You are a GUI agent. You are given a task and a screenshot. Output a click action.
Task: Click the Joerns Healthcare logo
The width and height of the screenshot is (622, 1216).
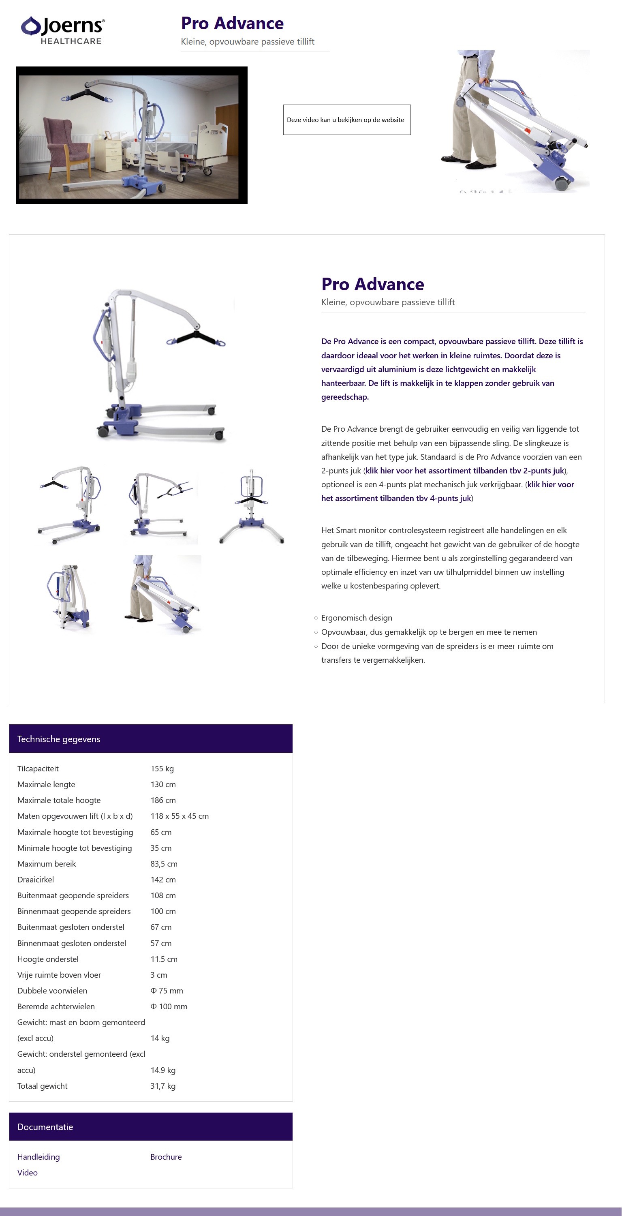coord(63,30)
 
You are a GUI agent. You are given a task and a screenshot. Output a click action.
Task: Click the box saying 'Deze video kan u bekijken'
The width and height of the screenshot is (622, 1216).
coord(346,120)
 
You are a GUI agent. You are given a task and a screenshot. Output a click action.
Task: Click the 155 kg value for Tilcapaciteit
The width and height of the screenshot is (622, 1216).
coord(162,769)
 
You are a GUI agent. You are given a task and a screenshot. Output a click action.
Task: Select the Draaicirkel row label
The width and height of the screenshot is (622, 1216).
coord(35,880)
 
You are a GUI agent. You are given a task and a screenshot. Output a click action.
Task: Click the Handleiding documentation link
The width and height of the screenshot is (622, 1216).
coord(38,1156)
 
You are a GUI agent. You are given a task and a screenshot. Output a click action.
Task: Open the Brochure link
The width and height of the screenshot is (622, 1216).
coord(166,1156)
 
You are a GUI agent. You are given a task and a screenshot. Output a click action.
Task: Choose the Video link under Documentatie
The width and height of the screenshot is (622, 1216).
coord(28,1173)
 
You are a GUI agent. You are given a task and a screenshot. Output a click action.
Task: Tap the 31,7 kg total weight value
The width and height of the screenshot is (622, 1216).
coord(163,1086)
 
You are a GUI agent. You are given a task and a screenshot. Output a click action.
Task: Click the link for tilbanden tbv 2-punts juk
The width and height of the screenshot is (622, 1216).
coord(464,471)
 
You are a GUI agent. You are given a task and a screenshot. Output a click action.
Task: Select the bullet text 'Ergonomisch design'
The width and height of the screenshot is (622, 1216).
coord(356,618)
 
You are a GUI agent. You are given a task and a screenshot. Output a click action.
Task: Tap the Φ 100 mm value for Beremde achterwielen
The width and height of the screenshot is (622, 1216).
coord(169,1006)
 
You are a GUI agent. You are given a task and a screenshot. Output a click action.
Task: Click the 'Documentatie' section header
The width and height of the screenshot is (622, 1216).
coord(45,1127)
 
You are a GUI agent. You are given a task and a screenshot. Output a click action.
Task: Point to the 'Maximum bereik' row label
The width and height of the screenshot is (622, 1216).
coord(46,863)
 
